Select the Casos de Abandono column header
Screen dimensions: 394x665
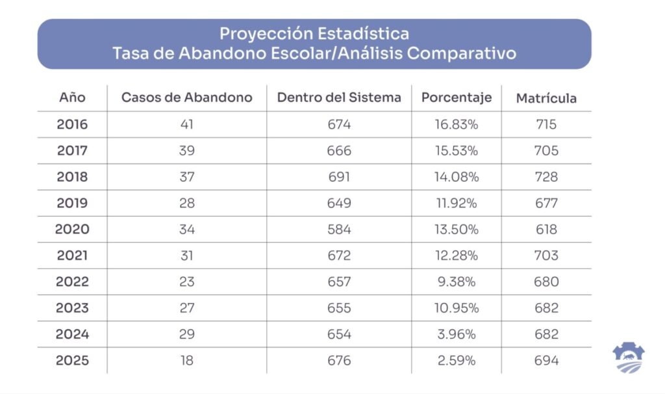(x=186, y=98)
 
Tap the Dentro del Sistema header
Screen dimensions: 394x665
(x=339, y=98)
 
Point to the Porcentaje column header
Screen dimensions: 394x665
(x=457, y=98)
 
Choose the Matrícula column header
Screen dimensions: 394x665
(x=546, y=98)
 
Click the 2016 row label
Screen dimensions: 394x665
(x=72, y=124)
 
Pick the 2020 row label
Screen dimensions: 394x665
(x=72, y=230)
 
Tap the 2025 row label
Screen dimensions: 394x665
(x=72, y=361)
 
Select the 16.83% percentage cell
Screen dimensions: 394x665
(x=457, y=124)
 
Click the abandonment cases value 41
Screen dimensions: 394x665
(x=187, y=124)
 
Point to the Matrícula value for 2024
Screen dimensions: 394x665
(x=546, y=334)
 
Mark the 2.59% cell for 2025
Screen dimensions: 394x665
(x=457, y=361)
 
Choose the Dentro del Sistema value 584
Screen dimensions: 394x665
(x=339, y=230)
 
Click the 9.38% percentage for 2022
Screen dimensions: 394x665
(x=457, y=282)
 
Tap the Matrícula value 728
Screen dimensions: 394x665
(x=546, y=177)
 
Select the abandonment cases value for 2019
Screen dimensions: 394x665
(x=187, y=203)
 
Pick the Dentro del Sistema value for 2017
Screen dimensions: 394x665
(x=339, y=151)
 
